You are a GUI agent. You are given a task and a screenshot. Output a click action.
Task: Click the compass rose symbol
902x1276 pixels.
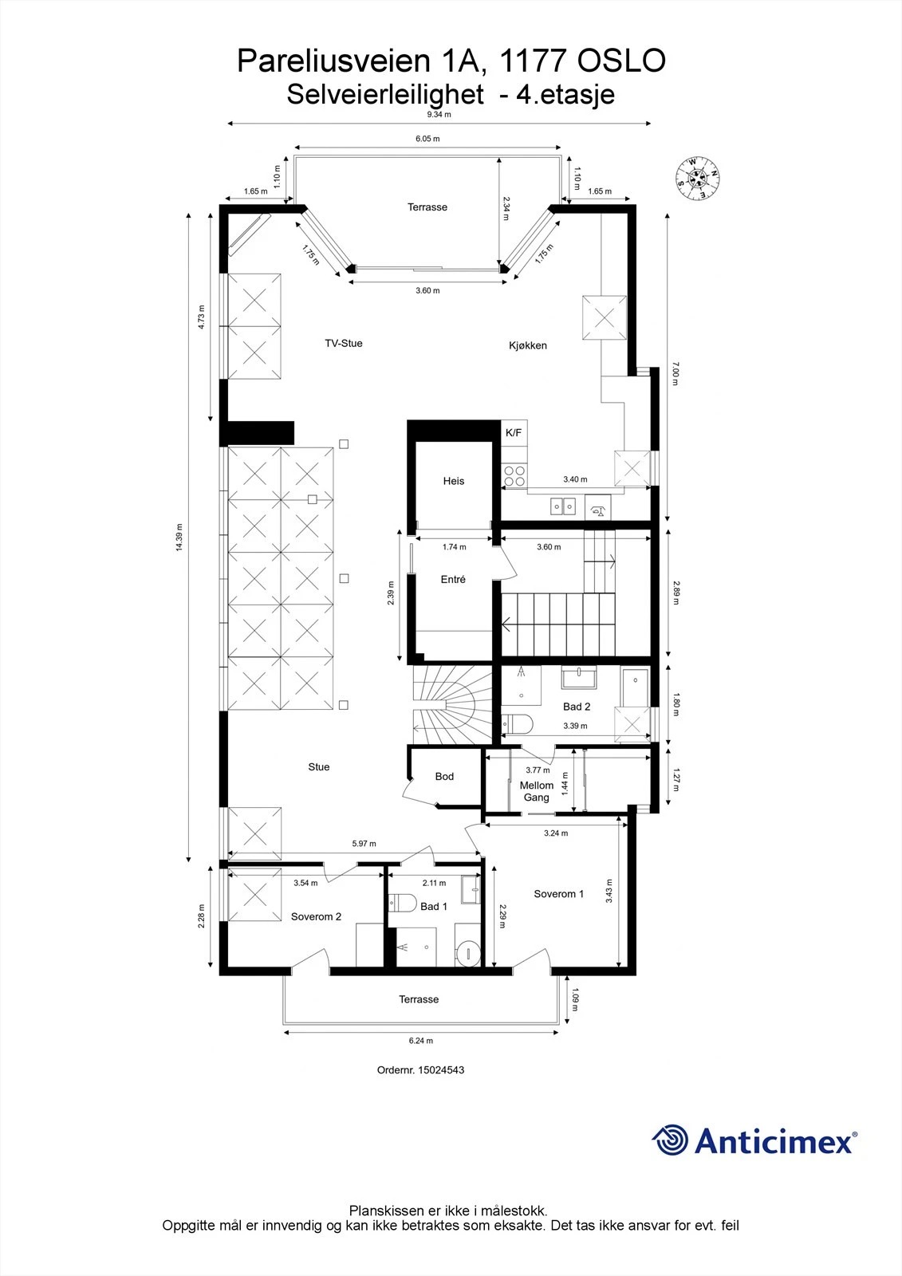(x=697, y=179)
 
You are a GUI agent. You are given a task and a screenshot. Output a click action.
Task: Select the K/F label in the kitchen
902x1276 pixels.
(x=514, y=433)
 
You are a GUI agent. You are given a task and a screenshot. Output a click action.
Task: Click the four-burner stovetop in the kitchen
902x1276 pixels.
(x=514, y=476)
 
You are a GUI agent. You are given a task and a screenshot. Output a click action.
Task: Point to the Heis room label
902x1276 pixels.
(x=454, y=482)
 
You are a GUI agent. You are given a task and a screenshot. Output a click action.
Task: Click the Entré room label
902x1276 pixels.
(x=453, y=579)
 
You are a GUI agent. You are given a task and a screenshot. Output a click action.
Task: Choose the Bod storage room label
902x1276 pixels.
(x=444, y=777)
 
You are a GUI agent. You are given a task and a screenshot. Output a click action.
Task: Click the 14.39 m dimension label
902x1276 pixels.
(x=179, y=538)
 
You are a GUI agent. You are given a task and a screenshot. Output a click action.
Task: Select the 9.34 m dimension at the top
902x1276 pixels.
(x=439, y=115)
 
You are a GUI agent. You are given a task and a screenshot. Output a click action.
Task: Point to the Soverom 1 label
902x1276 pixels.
(x=558, y=894)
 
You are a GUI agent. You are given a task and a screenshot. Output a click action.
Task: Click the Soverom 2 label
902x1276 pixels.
(x=316, y=916)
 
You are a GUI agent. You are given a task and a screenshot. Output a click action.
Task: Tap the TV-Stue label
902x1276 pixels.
(x=344, y=344)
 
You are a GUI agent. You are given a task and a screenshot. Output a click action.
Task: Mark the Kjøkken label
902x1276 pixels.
(x=528, y=346)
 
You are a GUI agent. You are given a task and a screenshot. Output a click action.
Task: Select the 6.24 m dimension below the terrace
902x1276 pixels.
(x=420, y=1041)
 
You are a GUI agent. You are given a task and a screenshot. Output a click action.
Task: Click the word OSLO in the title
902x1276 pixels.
(x=621, y=61)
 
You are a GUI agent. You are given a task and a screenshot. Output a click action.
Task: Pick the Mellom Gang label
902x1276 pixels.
(x=537, y=791)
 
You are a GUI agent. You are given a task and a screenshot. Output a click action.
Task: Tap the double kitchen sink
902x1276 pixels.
(x=562, y=506)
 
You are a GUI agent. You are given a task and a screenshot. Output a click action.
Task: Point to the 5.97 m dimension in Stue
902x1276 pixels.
(x=364, y=844)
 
